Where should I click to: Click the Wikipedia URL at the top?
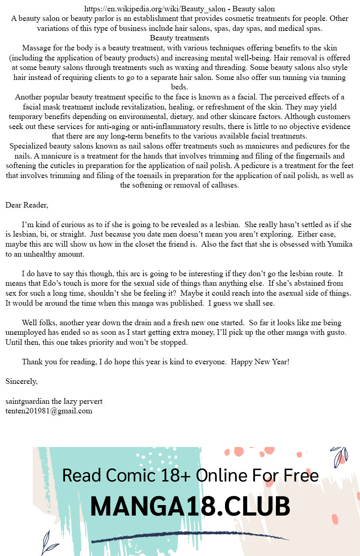pyautogui.click(x=154, y=9)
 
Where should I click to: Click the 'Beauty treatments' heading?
pyautogui.click(x=180, y=38)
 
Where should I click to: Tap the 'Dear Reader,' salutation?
pyautogui.click(x=27, y=205)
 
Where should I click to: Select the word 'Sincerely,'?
pyautogui.click(x=21, y=381)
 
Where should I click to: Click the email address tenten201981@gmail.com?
pyautogui.click(x=49, y=411)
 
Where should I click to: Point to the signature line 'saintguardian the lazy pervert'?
pyautogui.click(x=54, y=402)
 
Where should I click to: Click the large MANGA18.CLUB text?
pyautogui.click(x=190, y=506)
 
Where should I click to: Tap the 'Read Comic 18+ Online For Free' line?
pyautogui.click(x=190, y=476)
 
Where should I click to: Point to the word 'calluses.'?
pyautogui.click(x=222, y=185)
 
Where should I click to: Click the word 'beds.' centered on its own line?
pyautogui.click(x=180, y=87)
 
